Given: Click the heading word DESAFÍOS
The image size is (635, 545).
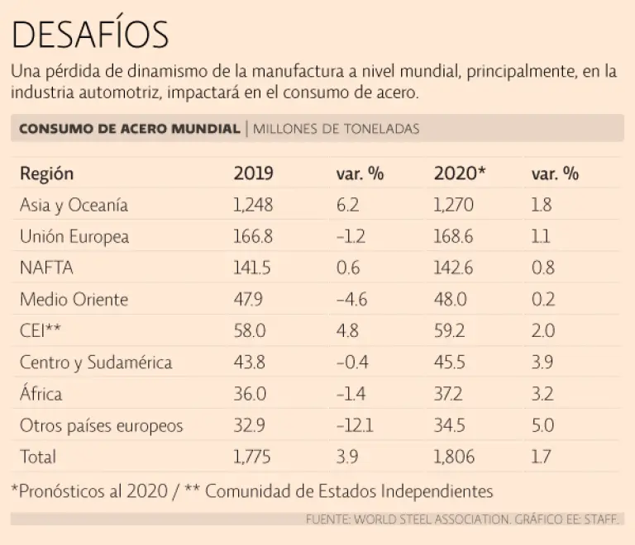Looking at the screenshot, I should (90, 34).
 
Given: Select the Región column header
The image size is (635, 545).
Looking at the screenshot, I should (46, 174).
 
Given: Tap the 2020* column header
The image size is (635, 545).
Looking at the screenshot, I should (460, 174).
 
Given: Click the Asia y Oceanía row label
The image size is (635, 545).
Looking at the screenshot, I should (74, 206).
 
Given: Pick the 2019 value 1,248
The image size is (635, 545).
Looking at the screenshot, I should (253, 206).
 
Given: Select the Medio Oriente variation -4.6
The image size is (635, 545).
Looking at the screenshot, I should (353, 300).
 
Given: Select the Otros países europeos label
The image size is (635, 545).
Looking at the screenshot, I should (101, 426).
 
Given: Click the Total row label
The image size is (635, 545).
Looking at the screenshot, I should (38, 457).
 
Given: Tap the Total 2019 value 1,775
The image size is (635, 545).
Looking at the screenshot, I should (253, 457).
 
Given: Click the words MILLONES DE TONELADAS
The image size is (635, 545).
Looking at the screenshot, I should (337, 129).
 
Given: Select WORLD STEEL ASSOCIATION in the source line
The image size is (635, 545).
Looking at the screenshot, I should (429, 519).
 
